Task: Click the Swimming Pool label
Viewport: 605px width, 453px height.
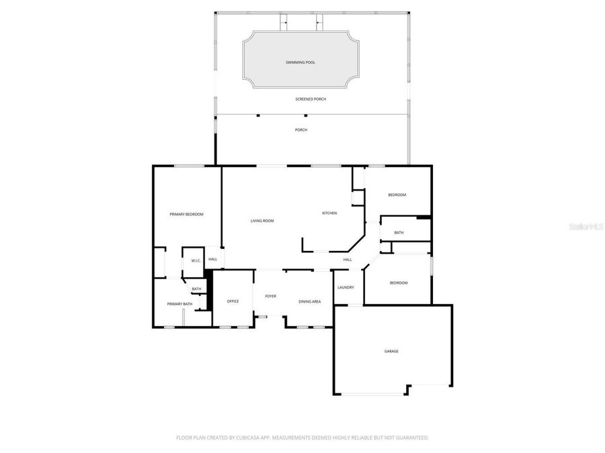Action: pos(300,62)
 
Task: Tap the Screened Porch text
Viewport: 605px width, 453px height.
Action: pos(311,99)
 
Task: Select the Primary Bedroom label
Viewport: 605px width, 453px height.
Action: pos(186,214)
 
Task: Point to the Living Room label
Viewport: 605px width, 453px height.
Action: pos(262,221)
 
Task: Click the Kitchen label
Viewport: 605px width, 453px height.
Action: pos(329,213)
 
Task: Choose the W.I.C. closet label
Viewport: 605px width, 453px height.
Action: pos(196,260)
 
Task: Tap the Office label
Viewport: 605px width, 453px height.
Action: pos(233,301)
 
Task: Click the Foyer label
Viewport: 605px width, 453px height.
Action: pos(270,296)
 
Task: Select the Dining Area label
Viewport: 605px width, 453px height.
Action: pos(309,301)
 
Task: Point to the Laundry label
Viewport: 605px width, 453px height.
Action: pos(346,287)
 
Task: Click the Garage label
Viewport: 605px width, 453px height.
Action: pos(391,351)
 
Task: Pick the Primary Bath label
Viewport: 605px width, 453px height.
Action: pos(179,304)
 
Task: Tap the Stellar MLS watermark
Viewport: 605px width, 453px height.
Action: pos(586,227)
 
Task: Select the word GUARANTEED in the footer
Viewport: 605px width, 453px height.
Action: pos(411,438)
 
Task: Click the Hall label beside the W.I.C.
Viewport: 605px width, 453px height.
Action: pos(212,259)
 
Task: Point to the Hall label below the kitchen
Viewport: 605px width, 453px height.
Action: pos(348,260)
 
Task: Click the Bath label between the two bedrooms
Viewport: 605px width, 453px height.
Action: pos(399,233)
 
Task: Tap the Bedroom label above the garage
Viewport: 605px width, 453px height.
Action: pos(399,283)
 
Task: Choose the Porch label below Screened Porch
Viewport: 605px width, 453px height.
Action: pos(301,130)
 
